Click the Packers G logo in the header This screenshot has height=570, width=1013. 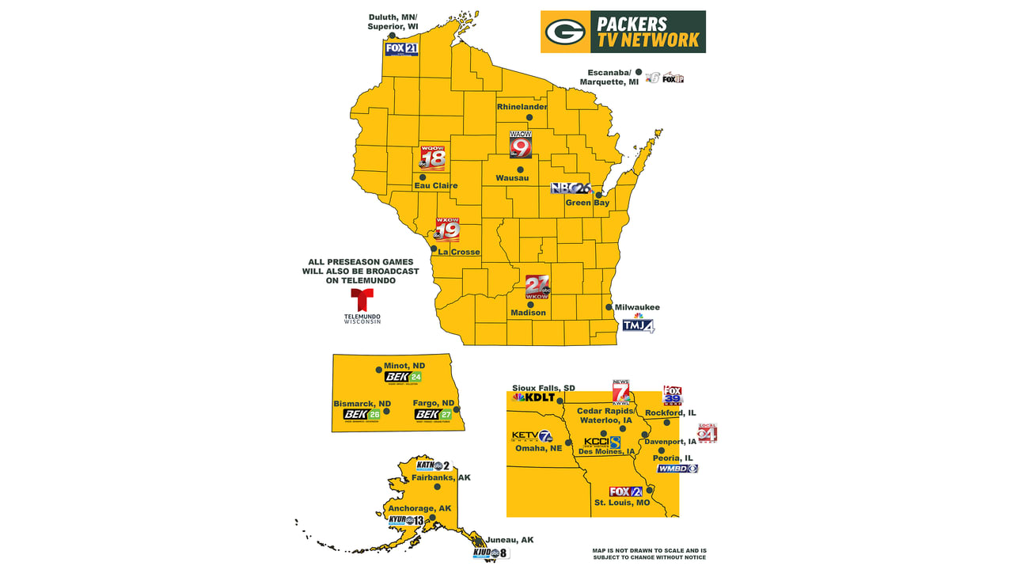pos(565,32)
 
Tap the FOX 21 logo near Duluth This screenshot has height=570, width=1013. pos(401,49)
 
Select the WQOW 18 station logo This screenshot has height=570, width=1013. pos(433,158)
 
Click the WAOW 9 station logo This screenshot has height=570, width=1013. pos(520,146)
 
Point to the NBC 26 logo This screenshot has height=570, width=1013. pos(571,188)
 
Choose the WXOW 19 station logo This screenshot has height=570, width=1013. pos(448,230)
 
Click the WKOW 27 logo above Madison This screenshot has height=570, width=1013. pos(537,287)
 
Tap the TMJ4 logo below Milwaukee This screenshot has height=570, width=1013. pos(638,324)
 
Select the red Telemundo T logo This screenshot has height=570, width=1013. pos(362,301)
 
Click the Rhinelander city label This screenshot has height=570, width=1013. pos(522,107)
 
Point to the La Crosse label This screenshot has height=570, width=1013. pos(459,253)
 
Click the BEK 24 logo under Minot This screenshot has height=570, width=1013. pos(404,378)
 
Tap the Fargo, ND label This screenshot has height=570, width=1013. pos(434,403)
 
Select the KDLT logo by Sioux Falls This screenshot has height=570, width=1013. pos(534,397)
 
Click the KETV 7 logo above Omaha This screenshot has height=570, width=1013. pos(532,435)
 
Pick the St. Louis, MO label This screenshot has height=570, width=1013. pos(622,503)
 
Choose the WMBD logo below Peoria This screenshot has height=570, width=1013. pos(677,469)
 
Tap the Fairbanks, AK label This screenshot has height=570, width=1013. pos(442,478)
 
